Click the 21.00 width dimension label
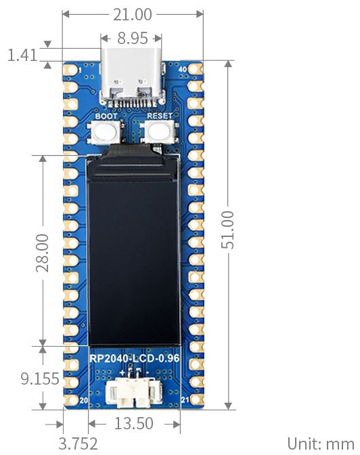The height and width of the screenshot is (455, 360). click(x=132, y=14)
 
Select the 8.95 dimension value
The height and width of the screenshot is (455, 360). click(x=133, y=38)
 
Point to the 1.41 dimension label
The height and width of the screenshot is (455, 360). click(x=22, y=55)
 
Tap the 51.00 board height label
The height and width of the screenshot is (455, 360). click(x=227, y=230)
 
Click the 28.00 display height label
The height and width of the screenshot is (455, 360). click(x=43, y=253)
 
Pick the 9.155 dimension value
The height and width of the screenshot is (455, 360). click(x=40, y=378)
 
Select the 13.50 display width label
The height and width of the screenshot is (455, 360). click(x=134, y=423)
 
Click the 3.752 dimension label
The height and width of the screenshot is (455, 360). click(x=78, y=443)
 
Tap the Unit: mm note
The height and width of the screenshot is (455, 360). click(x=321, y=443)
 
